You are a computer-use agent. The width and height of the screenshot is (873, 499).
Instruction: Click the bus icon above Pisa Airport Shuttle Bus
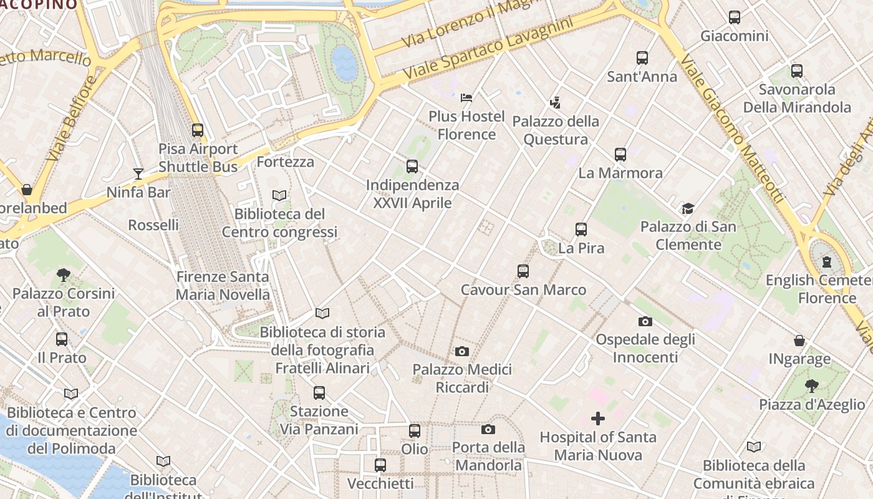point(198,130)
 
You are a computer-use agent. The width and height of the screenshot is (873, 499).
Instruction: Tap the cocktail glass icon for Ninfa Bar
point(138,174)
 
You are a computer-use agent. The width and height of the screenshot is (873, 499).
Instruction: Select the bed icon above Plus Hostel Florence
point(466,97)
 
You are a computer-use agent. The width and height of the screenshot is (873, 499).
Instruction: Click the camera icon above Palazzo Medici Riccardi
point(462,351)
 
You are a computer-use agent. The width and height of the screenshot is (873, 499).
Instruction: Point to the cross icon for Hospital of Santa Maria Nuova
point(598,418)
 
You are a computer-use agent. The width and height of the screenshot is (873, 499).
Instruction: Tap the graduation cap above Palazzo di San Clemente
point(688,208)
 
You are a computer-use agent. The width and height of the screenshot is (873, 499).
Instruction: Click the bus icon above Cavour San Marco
point(523,271)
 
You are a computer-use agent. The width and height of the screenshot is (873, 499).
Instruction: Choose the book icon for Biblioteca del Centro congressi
point(279,195)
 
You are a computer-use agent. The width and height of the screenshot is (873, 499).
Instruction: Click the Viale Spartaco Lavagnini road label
point(488,49)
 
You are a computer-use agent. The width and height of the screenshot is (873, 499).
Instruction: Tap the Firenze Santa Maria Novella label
point(223,286)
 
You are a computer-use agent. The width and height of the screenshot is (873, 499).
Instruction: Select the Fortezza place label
point(285,162)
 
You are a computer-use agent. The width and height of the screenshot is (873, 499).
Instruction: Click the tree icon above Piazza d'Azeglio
point(811,386)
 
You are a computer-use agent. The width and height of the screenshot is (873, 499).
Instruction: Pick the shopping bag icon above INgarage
point(799,341)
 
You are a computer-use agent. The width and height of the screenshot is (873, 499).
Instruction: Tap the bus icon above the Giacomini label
point(735,17)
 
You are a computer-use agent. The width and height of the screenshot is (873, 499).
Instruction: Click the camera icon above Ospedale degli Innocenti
point(645,321)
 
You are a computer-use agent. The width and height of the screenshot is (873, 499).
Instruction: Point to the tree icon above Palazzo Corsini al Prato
point(63,274)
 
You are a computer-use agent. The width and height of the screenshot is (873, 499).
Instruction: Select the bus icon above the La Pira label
point(581,230)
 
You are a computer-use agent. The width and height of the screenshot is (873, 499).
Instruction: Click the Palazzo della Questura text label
point(556,130)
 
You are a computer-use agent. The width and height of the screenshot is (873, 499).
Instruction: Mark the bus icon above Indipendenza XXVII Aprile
point(412,167)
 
